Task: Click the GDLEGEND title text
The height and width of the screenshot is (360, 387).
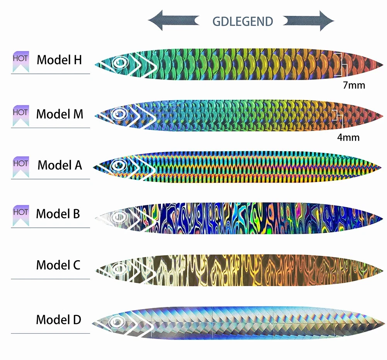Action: tap(243, 21)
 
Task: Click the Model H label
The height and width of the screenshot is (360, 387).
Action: tap(59, 60)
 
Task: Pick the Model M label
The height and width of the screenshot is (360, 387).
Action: tap(60, 114)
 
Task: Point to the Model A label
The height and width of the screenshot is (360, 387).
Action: tap(60, 165)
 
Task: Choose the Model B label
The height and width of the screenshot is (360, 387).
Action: tap(58, 213)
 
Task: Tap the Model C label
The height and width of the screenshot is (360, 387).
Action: tap(58, 265)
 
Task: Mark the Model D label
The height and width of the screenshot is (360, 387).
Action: tap(58, 320)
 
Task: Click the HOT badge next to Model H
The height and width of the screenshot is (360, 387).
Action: tap(21, 61)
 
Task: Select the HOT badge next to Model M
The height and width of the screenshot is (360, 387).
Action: tap(21, 115)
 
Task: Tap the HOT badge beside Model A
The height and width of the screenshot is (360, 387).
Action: tap(21, 166)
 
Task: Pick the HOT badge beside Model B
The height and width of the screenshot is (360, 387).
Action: tap(21, 215)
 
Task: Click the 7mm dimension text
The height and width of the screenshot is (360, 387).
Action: tap(354, 85)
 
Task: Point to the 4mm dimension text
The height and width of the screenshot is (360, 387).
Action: tap(348, 137)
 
